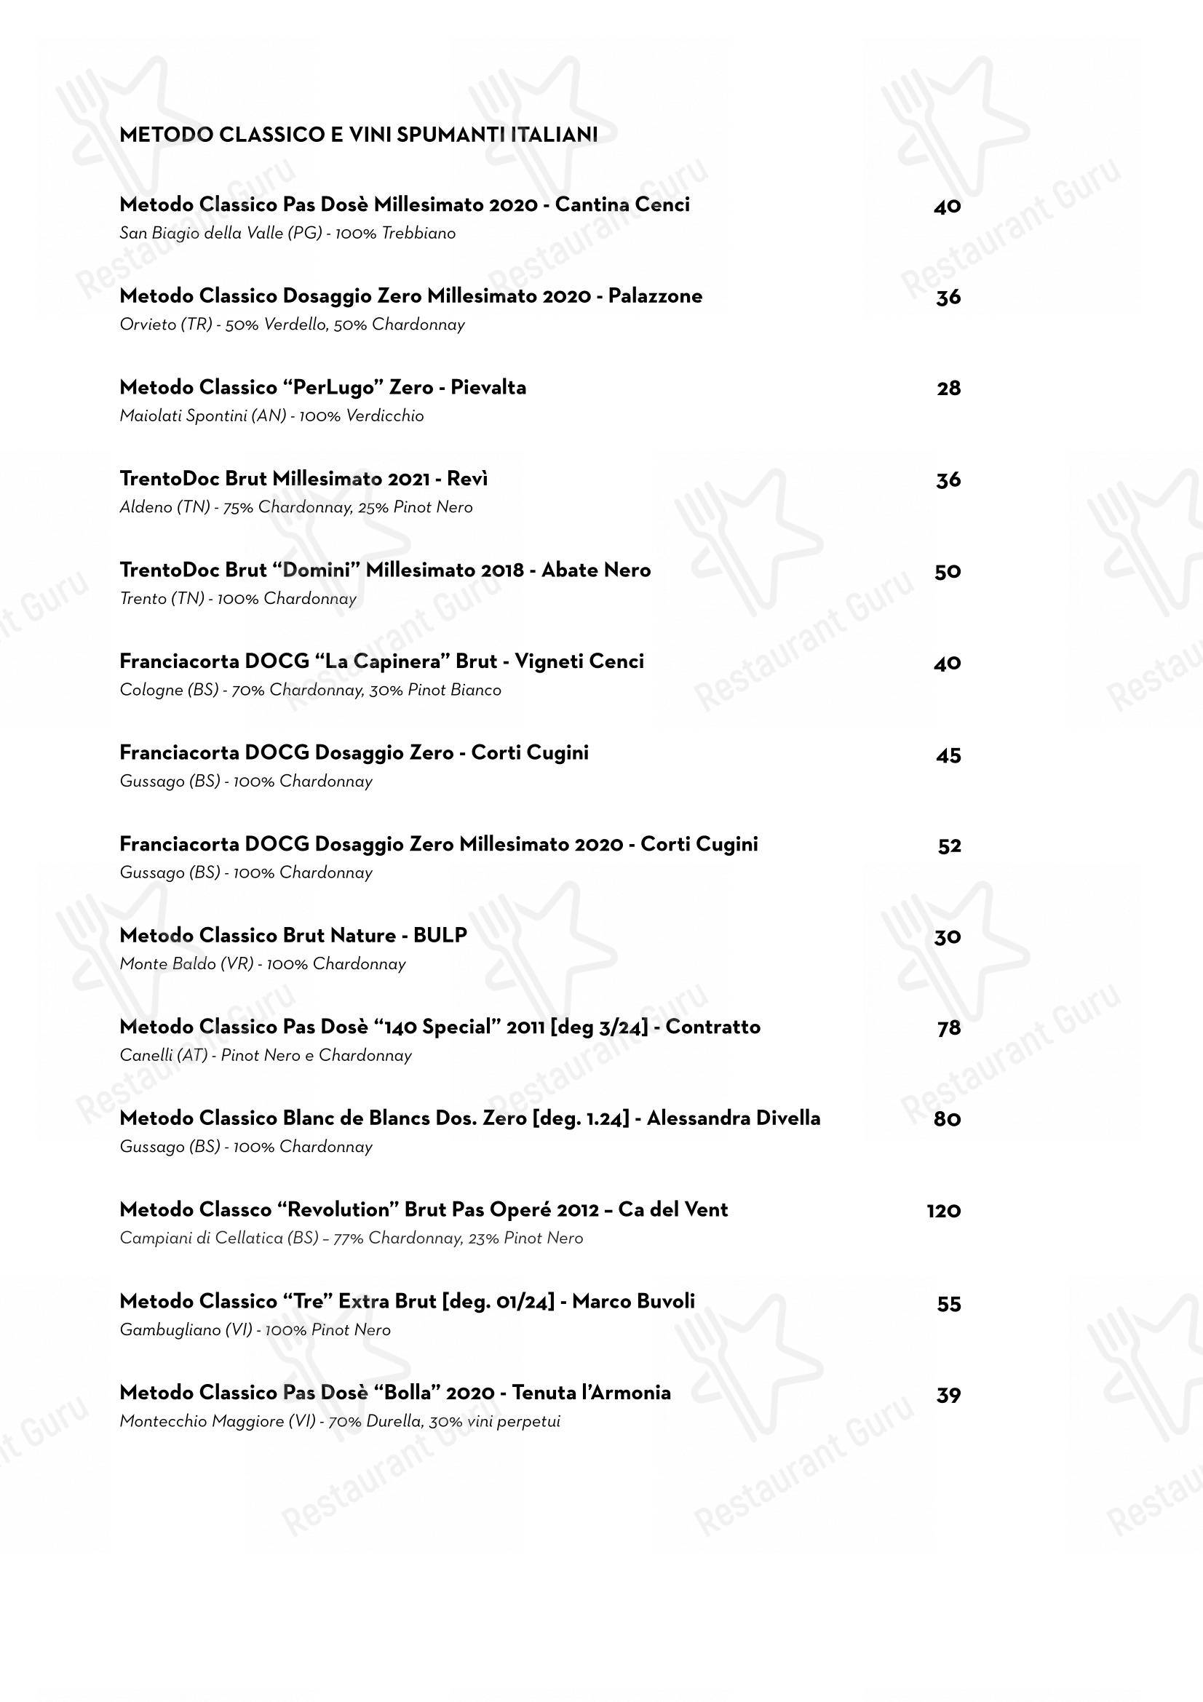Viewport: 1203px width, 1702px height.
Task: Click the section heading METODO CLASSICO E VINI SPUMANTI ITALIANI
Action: [358, 135]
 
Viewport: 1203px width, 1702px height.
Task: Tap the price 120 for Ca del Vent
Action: [943, 1211]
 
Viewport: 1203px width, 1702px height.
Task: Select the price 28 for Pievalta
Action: [948, 389]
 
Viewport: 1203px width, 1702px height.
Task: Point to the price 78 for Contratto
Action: [948, 1028]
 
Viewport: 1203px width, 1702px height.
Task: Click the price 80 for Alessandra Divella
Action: [948, 1119]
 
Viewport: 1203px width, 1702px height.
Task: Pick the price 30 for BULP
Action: [948, 937]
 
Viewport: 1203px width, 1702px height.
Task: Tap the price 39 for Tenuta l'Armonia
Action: [948, 1394]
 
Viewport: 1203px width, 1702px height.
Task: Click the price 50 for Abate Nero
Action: [948, 571]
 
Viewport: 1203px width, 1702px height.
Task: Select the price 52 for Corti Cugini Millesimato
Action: [949, 846]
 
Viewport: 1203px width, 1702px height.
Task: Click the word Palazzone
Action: [654, 296]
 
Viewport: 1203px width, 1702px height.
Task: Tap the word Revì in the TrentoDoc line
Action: [467, 479]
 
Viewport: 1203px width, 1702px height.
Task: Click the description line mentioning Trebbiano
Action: [287, 234]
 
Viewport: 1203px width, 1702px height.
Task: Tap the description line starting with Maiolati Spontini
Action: [271, 416]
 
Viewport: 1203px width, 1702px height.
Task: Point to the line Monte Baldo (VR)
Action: [263, 964]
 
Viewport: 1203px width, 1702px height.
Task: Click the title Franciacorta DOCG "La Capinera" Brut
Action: [308, 661]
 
